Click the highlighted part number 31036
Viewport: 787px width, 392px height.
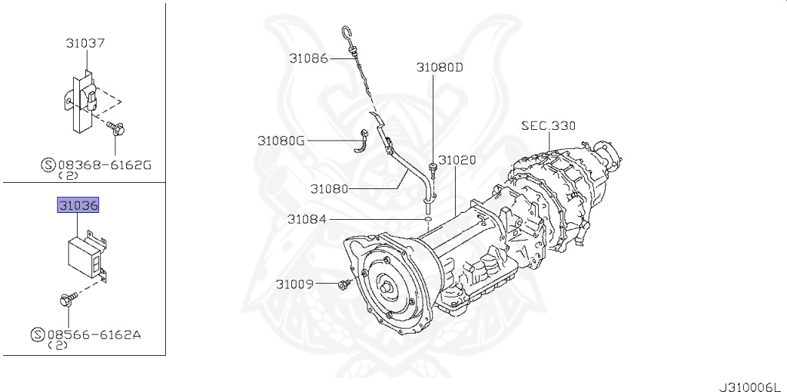[79, 207]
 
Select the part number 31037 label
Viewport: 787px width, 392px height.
[85, 44]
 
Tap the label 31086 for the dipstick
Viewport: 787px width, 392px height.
[309, 58]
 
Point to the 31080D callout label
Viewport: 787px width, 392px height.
[440, 67]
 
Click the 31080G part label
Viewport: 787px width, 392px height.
[281, 141]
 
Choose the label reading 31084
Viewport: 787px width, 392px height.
[307, 219]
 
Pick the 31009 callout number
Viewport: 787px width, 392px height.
[295, 284]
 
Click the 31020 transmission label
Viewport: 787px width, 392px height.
[457, 161]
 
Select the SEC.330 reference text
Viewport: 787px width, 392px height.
[548, 125]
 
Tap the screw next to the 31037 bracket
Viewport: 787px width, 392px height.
[117, 128]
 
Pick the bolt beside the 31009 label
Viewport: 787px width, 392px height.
[343, 285]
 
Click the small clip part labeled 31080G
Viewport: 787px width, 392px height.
[362, 141]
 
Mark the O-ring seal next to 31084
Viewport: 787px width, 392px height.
[425, 219]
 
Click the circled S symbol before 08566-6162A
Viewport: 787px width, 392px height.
[37, 335]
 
